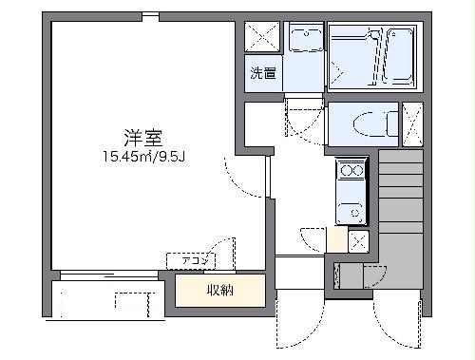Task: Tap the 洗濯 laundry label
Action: (x=264, y=73)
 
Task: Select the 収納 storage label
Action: (x=219, y=290)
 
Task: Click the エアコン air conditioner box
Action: (x=191, y=259)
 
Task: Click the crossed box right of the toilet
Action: (x=413, y=123)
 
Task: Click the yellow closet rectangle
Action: (x=219, y=290)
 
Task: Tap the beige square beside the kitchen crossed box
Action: (x=337, y=239)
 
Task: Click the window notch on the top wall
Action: (x=150, y=16)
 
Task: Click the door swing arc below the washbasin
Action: (x=302, y=116)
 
